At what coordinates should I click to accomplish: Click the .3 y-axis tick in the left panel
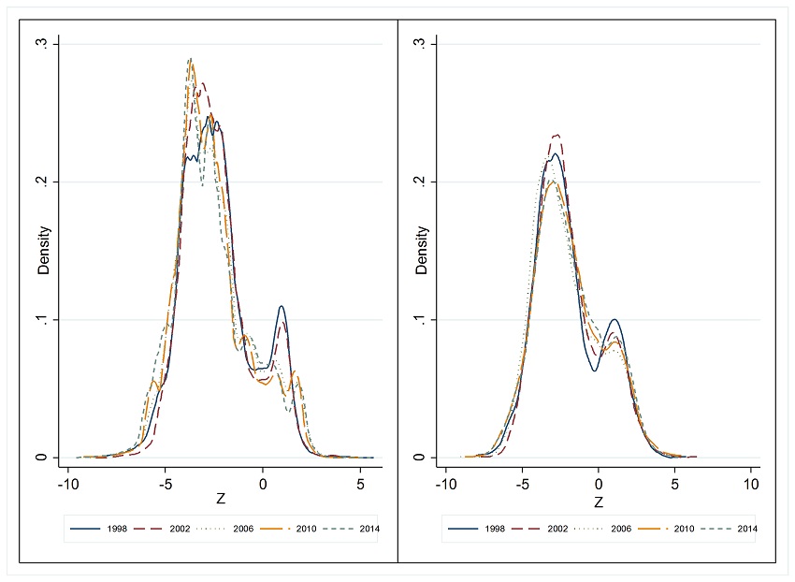pyautogui.click(x=54, y=44)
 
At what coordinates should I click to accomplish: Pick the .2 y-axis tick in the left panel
pyautogui.click(x=54, y=182)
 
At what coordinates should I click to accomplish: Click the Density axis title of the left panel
pyautogui.click(x=42, y=251)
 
